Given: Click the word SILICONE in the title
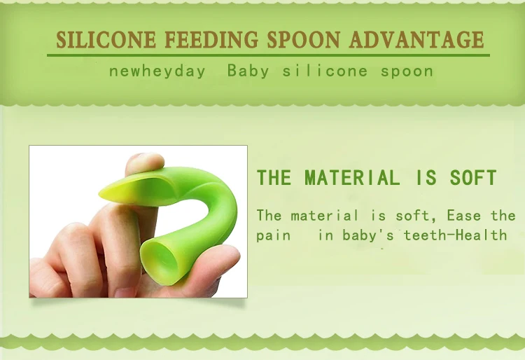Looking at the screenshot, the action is [x=106, y=39].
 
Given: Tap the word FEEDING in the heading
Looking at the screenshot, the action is [x=211, y=39].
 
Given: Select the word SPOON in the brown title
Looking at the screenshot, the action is [x=304, y=39].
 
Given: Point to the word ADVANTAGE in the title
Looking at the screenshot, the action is [x=416, y=39].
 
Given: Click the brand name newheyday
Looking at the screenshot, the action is [x=157, y=71].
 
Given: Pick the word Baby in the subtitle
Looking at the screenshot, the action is [x=248, y=71].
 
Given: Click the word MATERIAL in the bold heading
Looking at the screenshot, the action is [x=353, y=177].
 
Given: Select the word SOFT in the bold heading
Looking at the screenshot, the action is [x=473, y=177].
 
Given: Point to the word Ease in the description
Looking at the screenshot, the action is [x=464, y=215].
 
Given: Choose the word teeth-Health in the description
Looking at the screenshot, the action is [x=456, y=235].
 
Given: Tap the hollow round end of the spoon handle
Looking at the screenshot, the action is [x=160, y=262].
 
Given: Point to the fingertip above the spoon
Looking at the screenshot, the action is [x=145, y=162].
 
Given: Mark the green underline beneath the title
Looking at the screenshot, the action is [x=268, y=55].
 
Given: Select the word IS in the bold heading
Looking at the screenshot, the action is [x=426, y=177].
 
